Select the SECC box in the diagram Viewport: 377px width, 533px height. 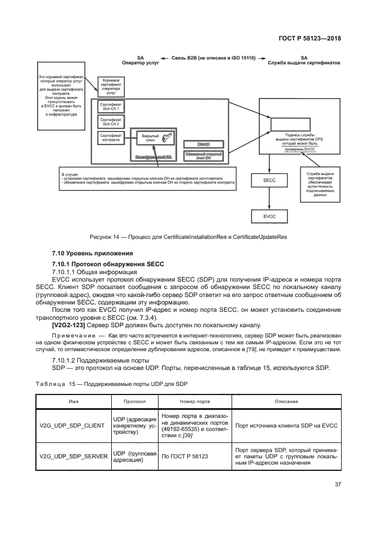[x=270, y=180]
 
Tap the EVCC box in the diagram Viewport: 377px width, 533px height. [x=270, y=217]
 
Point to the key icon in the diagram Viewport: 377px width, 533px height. [x=165, y=139]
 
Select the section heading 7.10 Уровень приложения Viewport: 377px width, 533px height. [x=92, y=253]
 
